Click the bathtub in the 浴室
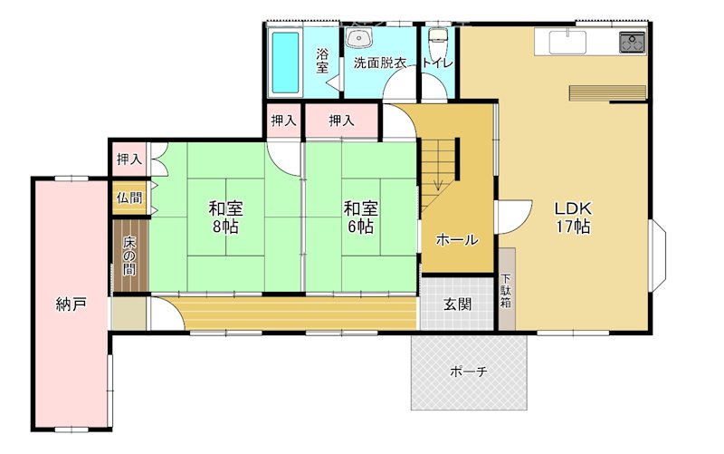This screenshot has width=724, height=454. click(285, 63)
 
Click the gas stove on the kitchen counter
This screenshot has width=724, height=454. click(632, 43)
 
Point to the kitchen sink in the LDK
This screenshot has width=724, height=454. click(567, 42)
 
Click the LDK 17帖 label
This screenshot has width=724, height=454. click(573, 217)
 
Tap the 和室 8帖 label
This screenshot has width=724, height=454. click(225, 217)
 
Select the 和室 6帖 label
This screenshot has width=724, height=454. click(360, 217)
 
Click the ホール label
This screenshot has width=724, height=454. click(457, 239)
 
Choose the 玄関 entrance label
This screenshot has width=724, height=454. click(458, 304)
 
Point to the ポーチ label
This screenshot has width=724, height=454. click(468, 372)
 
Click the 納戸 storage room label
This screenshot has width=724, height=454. click(71, 304)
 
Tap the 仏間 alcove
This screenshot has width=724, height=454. click(130, 198)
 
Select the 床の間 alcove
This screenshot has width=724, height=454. click(130, 256)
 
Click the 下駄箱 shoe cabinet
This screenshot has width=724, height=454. click(507, 289)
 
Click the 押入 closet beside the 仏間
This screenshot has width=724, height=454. click(129, 159)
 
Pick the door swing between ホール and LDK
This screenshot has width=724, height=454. click(514, 217)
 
